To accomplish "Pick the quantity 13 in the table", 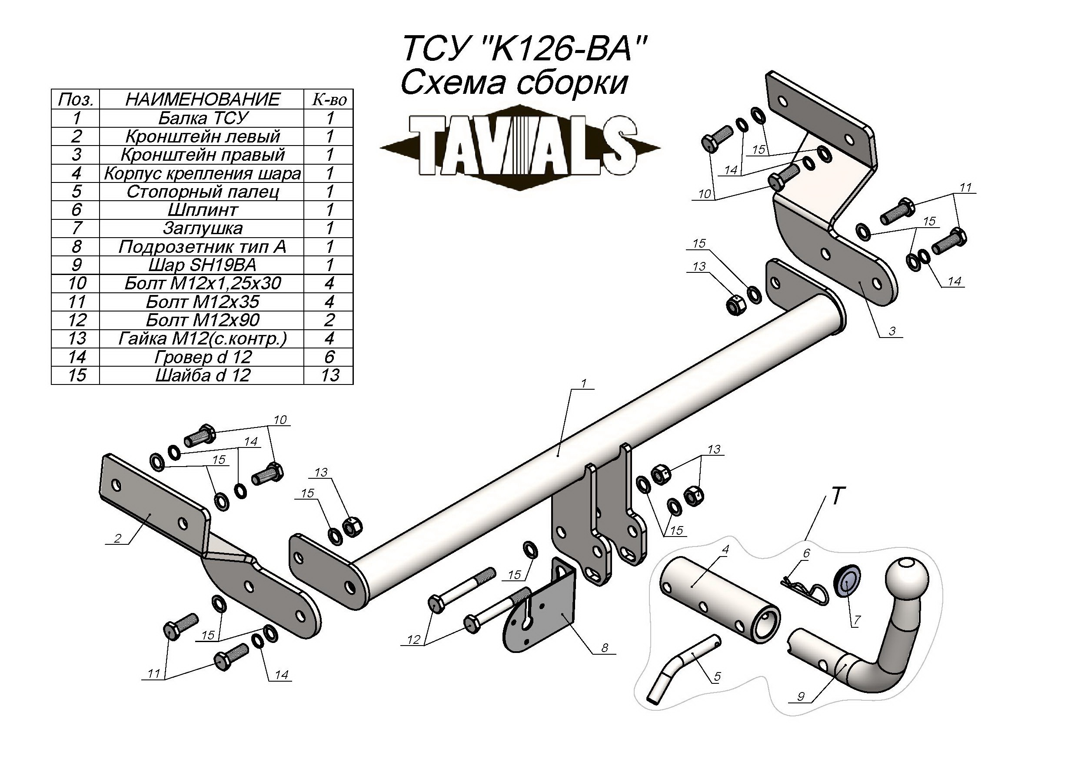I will [329, 375].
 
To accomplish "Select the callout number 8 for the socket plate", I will [604, 648].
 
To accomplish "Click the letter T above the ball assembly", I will [838, 496].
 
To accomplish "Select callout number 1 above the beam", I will [584, 383].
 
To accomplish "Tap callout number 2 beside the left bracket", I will [117, 538].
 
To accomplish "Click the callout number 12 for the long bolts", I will [413, 639].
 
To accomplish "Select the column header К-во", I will [329, 99].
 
